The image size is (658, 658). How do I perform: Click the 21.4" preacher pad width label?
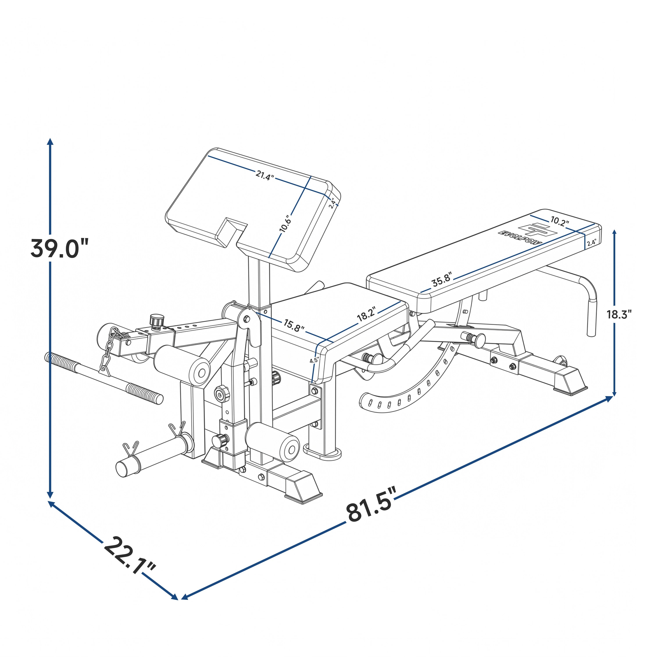click(265, 175)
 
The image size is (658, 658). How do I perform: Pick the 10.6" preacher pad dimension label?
click(285, 224)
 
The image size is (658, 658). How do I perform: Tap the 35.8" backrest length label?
click(442, 279)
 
